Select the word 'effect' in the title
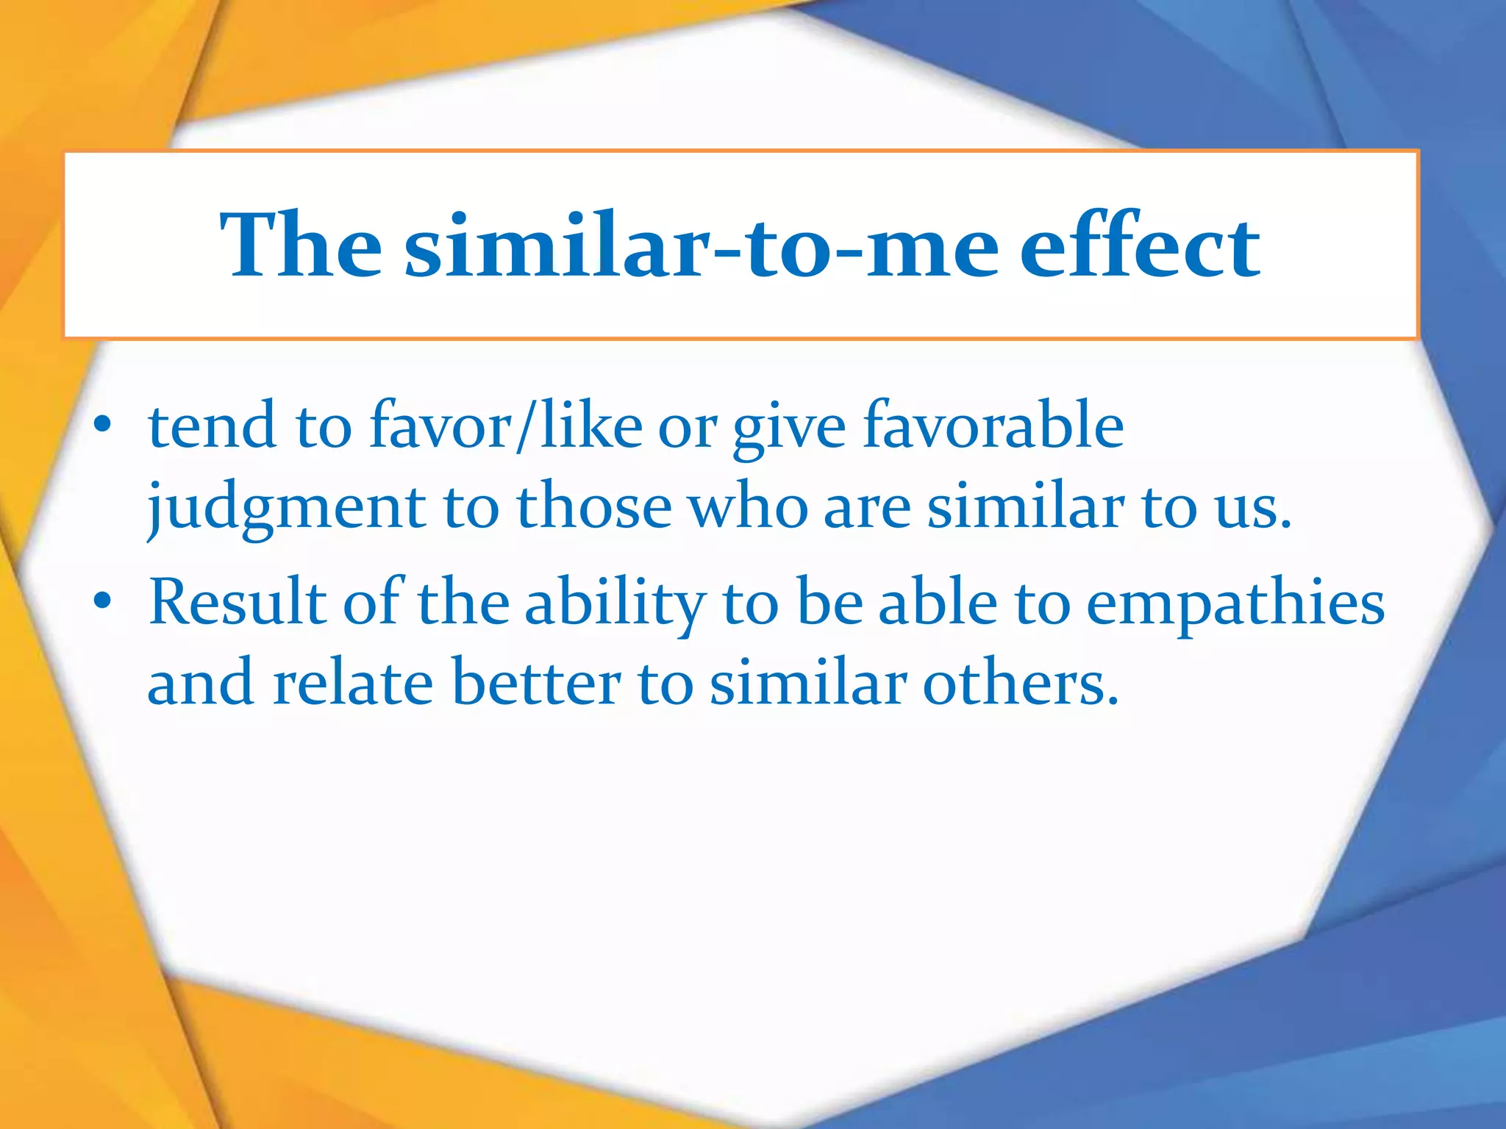1140,245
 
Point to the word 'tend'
213,426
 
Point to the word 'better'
536,683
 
